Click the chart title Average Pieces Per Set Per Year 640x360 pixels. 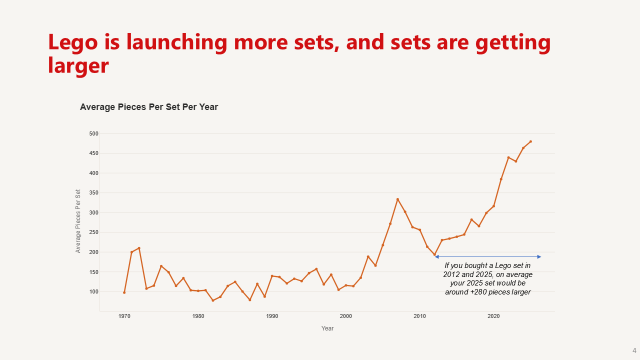[x=149, y=107]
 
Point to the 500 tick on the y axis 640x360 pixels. [x=94, y=133]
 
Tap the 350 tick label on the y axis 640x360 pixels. [x=94, y=193]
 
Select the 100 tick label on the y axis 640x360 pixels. [x=94, y=291]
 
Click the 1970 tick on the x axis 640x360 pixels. [x=124, y=316]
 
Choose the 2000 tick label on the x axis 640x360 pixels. [x=346, y=316]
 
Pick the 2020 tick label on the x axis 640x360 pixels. [x=493, y=316]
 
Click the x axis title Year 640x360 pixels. [x=327, y=328]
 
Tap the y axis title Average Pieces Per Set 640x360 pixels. [x=78, y=221]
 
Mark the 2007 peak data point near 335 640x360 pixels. [x=397, y=199]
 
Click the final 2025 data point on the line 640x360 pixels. [x=530, y=141]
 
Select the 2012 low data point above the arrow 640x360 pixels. [x=434, y=254]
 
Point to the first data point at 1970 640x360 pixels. [x=124, y=292]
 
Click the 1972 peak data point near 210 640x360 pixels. [x=139, y=248]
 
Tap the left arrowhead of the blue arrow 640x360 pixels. [x=436, y=257]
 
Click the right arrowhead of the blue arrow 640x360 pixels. [x=539, y=257]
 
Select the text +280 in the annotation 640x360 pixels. [x=479, y=292]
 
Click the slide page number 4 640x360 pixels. [x=634, y=350]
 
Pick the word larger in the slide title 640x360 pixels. [x=78, y=65]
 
